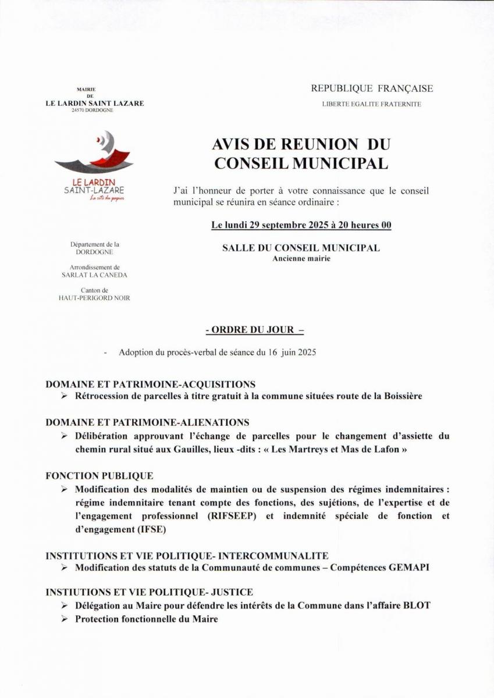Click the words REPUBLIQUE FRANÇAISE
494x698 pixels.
[372, 88]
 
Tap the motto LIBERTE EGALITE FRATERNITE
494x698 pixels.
[372, 104]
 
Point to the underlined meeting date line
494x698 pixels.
[301, 225]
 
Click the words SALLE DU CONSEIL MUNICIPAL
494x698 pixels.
[301, 248]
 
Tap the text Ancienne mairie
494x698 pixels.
[301, 258]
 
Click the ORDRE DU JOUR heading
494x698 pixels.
[255, 330]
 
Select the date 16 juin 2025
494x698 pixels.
[291, 352]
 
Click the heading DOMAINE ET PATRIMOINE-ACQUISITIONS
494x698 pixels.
[150, 384]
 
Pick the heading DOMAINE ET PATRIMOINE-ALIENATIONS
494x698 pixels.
[147, 422]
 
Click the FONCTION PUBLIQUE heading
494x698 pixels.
[99, 476]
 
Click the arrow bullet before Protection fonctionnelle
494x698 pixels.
[64, 619]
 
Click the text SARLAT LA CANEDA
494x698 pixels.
[94, 275]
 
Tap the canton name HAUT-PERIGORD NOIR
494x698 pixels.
[94, 298]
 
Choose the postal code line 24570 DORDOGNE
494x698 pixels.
[94, 109]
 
